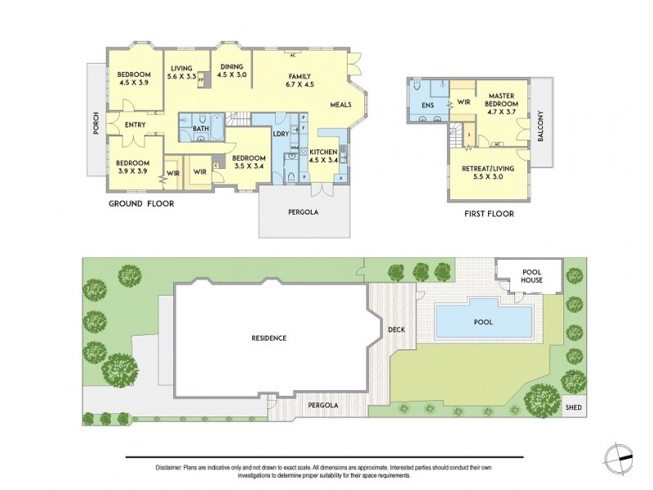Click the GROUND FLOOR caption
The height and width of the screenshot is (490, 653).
click(x=141, y=204)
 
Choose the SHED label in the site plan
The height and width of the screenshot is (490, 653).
click(x=575, y=407)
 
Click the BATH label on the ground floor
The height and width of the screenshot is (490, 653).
click(x=200, y=129)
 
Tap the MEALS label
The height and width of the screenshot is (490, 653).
click(x=341, y=105)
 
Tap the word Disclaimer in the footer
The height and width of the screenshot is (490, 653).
click(x=169, y=467)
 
